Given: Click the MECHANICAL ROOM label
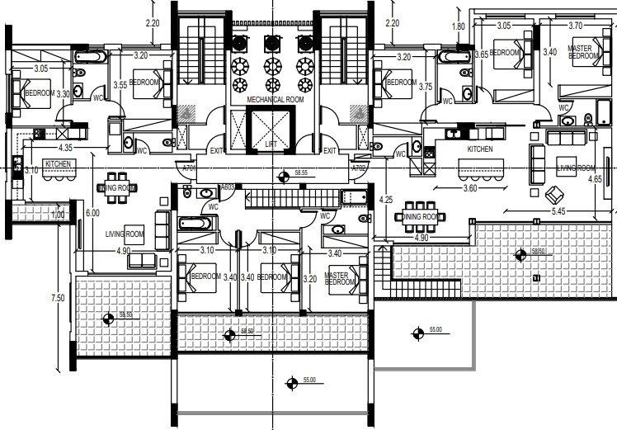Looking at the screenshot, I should pos(276,99).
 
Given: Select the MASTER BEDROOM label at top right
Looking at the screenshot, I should pos(585,52).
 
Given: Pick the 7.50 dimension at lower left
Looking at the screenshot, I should pos(55,297).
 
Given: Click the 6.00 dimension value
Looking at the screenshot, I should pos(94,213).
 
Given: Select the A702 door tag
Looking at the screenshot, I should pos(358,168).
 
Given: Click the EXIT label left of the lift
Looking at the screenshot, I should pos(217,151).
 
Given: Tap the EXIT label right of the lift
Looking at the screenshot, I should pos(330,151).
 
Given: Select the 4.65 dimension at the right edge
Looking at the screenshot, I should pos(594,178).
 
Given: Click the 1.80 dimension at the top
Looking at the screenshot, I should pos(459,26).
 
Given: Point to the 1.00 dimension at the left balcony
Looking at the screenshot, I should pos(57,215).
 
